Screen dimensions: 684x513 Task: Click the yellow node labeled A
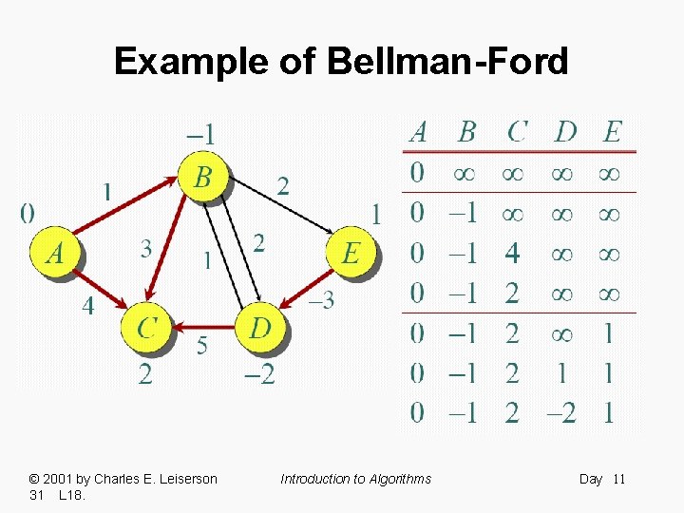click(x=56, y=253)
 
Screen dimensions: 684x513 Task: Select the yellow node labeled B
click(x=202, y=177)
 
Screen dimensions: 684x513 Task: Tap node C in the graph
click(x=146, y=328)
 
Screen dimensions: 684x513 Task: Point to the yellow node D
click(x=260, y=328)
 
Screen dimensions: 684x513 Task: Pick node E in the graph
click(x=351, y=253)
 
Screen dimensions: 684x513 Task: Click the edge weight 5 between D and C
click(x=202, y=346)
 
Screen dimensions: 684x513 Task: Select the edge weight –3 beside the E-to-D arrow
click(x=322, y=300)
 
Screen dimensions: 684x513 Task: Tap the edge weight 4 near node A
click(x=88, y=307)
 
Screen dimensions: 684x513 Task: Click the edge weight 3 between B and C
click(x=145, y=249)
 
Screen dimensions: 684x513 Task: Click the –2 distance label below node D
click(x=258, y=374)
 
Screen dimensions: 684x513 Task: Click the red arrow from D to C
click(x=203, y=328)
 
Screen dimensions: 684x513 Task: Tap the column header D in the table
click(x=565, y=132)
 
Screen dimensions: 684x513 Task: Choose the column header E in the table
click(x=613, y=132)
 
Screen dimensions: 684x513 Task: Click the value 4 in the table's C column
click(x=512, y=254)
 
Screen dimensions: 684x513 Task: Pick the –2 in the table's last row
click(x=560, y=412)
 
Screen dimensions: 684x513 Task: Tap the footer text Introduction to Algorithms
click(x=355, y=479)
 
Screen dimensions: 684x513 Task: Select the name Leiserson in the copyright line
click(x=182, y=479)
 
